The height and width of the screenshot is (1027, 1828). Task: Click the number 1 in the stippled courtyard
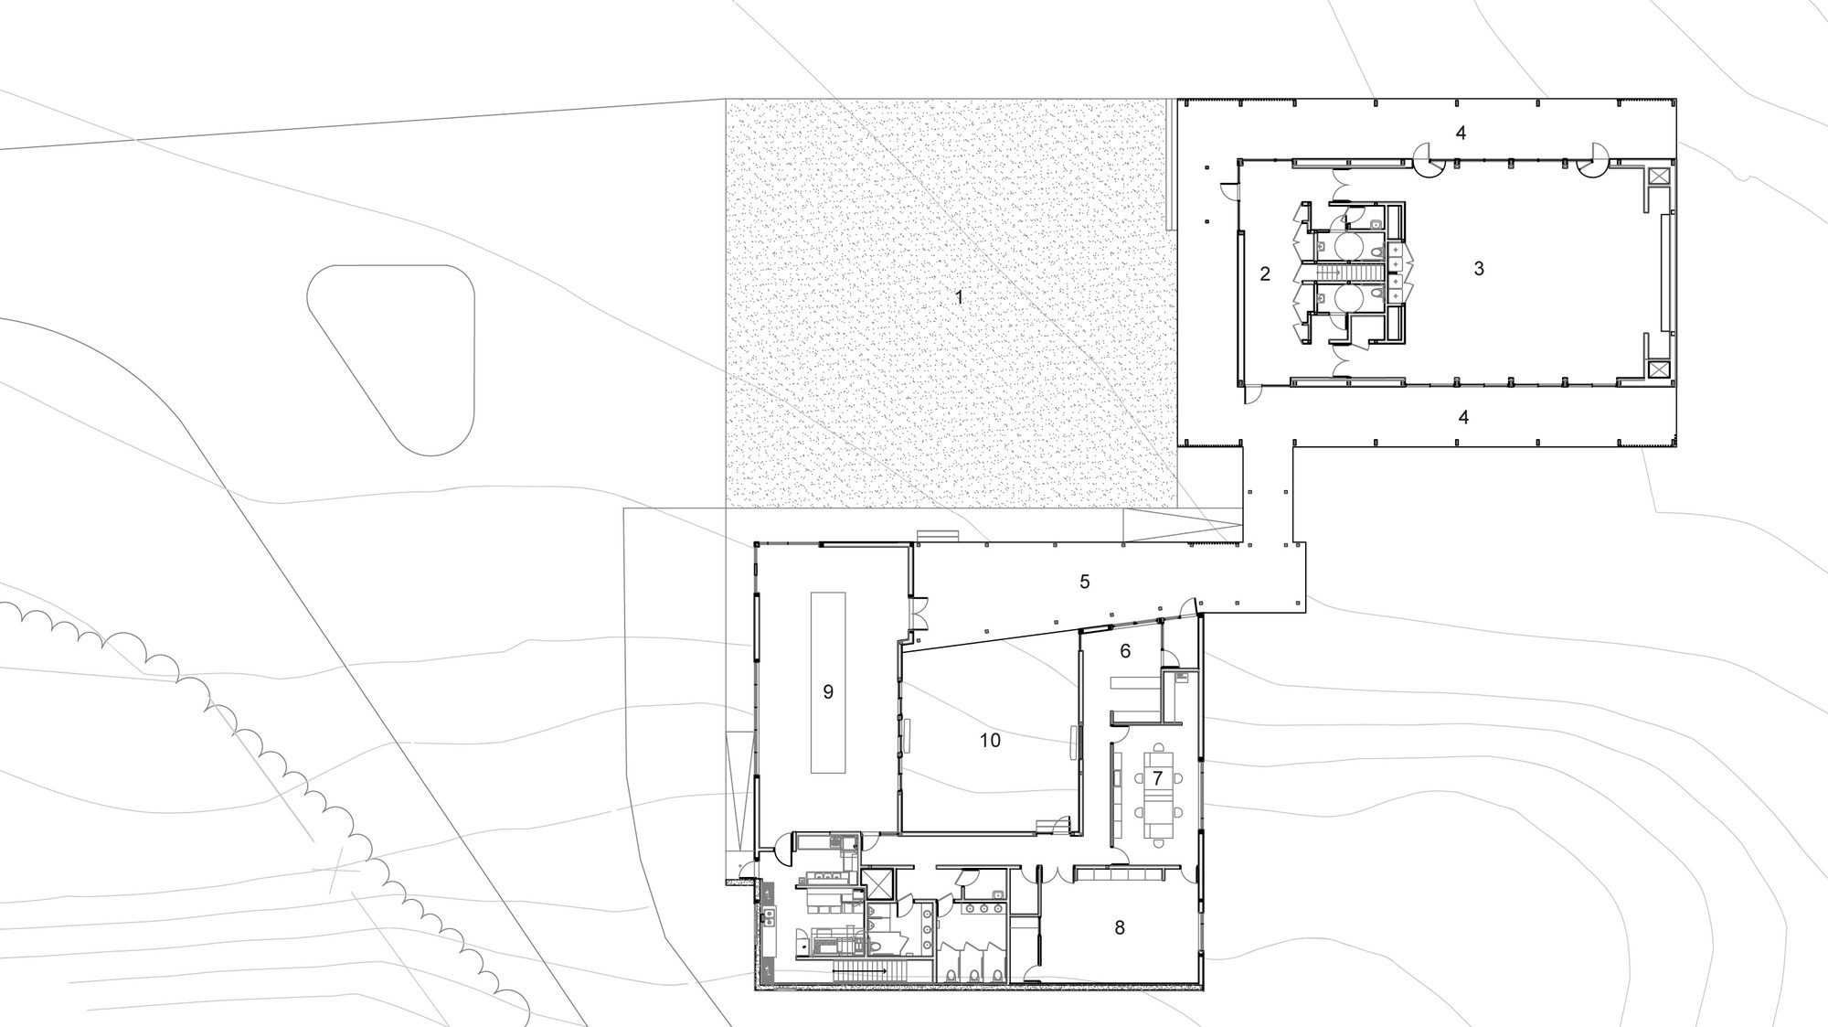[x=959, y=297]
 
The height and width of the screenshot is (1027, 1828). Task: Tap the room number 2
[x=1265, y=273]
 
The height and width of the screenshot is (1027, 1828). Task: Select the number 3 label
[x=1479, y=269]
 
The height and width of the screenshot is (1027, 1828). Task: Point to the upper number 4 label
[x=1461, y=134]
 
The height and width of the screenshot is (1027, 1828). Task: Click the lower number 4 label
[x=1463, y=418]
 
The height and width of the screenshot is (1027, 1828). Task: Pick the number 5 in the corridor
[x=1085, y=582]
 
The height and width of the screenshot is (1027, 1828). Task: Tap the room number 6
[x=1125, y=651]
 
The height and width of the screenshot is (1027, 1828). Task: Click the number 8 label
[x=1120, y=928]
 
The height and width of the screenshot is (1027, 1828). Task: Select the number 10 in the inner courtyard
[x=991, y=741]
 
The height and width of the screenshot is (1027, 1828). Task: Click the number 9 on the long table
[x=828, y=692]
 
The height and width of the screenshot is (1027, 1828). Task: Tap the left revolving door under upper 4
[x=1429, y=162]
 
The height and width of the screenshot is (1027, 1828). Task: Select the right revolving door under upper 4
[x=1589, y=162]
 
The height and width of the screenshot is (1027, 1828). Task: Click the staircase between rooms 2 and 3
[x=1339, y=273]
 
